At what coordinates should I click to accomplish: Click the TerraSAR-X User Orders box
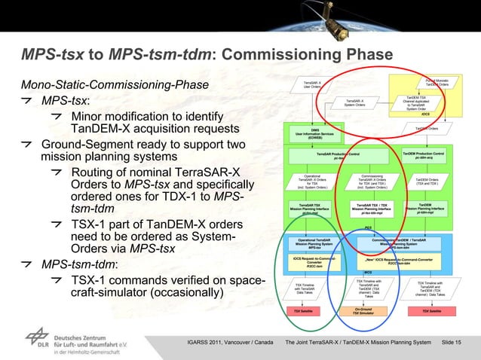(311, 84)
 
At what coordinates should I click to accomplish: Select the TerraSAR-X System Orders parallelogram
(354, 102)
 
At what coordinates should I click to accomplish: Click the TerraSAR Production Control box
(338, 155)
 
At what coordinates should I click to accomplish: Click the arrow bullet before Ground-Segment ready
(26, 144)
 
